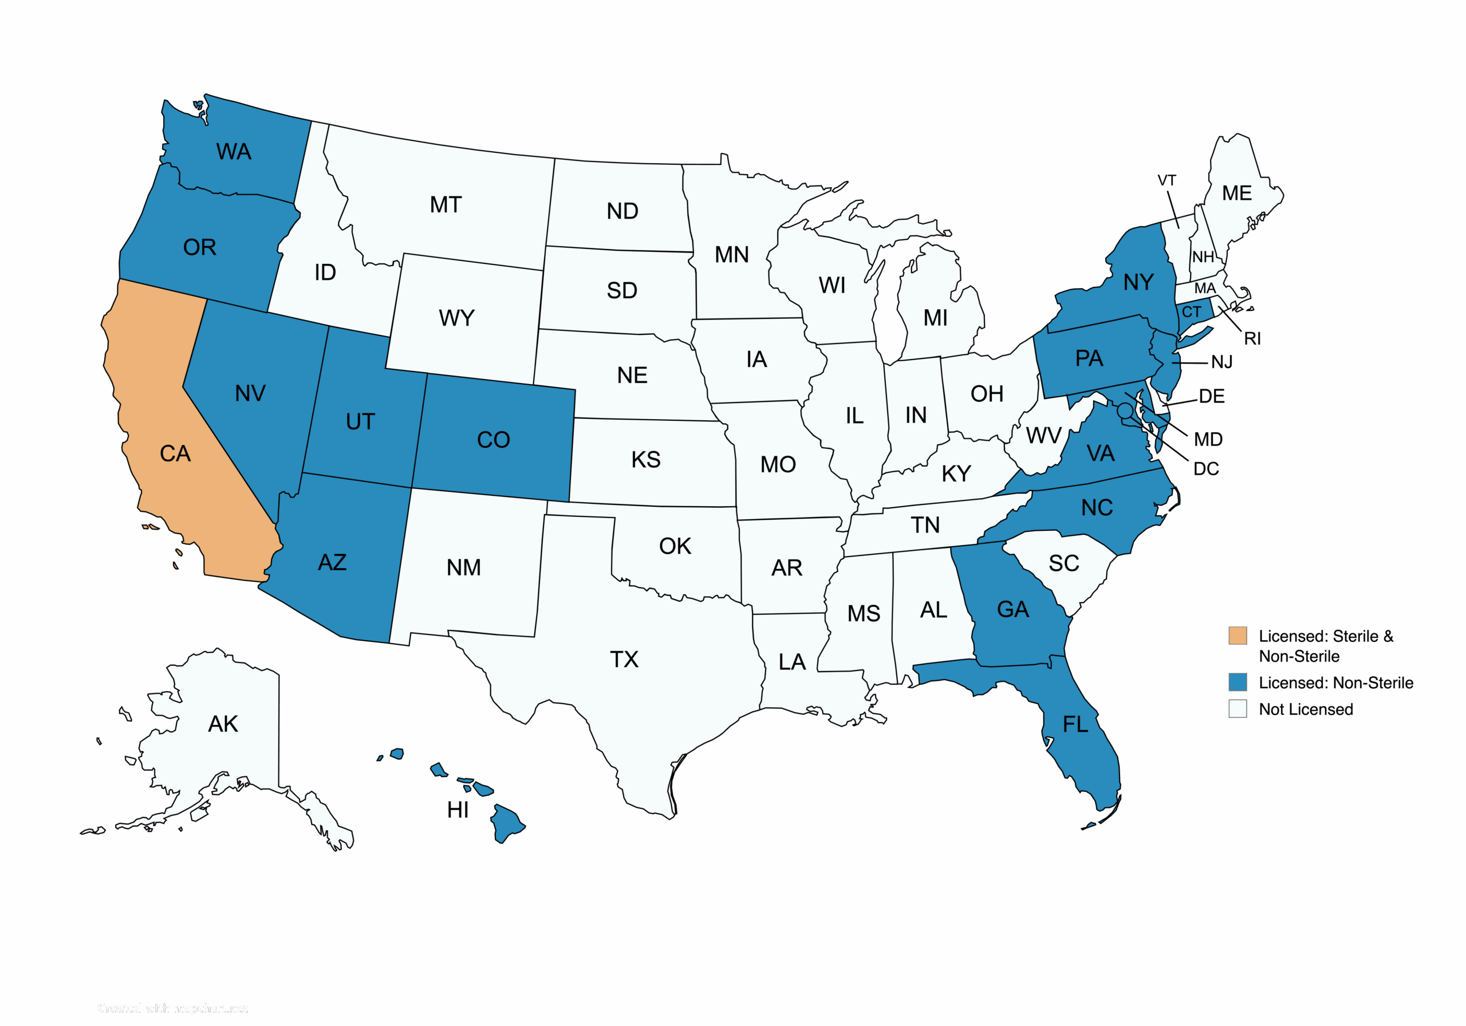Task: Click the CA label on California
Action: pyautogui.click(x=175, y=453)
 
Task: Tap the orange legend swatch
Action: pyautogui.click(x=1238, y=636)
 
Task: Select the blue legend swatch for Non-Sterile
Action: pyautogui.click(x=1238, y=681)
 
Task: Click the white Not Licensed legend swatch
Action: pyautogui.click(x=1238, y=709)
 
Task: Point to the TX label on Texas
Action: pyautogui.click(x=624, y=659)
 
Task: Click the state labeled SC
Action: pyautogui.click(x=1064, y=563)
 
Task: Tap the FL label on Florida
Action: pyautogui.click(x=1075, y=724)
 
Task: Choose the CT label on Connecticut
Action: pyautogui.click(x=1192, y=312)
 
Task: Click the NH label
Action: pyautogui.click(x=1203, y=256)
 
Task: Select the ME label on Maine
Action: pyautogui.click(x=1237, y=193)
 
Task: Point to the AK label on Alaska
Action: pyautogui.click(x=223, y=723)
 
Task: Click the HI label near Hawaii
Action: pyautogui.click(x=458, y=810)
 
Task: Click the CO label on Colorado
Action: pyautogui.click(x=494, y=439)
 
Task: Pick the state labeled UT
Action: pyautogui.click(x=360, y=421)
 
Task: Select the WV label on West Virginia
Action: pyautogui.click(x=1043, y=436)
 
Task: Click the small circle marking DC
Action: pyautogui.click(x=1124, y=409)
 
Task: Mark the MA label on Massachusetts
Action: pyautogui.click(x=1205, y=288)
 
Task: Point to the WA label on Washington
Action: pyautogui.click(x=234, y=151)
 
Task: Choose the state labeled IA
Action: pyautogui.click(x=756, y=360)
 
